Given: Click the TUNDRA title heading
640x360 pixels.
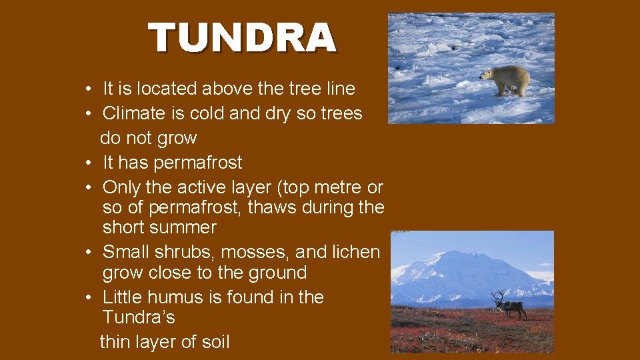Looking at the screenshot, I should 242,38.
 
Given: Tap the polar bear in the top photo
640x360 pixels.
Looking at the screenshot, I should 506,80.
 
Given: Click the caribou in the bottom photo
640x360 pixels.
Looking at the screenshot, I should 510,306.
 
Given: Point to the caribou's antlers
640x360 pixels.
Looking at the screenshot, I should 499,295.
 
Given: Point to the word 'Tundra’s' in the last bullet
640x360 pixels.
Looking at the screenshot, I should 139,317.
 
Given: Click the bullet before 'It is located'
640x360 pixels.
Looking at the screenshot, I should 88,89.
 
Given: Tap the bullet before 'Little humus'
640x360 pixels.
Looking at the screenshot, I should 88,298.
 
